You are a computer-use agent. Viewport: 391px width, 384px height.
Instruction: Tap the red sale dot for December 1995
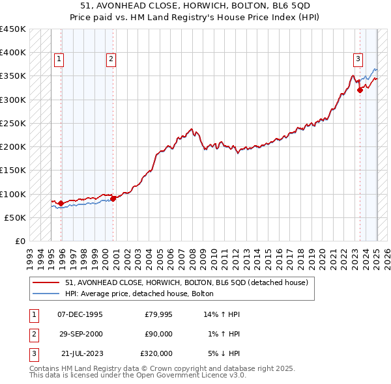pyautogui.click(x=61, y=204)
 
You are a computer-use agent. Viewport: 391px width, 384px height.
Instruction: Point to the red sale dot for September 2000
pyautogui.click(x=113, y=199)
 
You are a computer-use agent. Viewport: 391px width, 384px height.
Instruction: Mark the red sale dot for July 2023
pyautogui.click(x=360, y=90)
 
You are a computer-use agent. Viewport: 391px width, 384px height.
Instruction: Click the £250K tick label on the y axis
pyautogui.click(x=13, y=123)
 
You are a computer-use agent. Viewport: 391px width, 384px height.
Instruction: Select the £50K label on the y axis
pyautogui.click(x=16, y=217)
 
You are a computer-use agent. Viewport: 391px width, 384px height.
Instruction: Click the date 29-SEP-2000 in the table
pyautogui.click(x=80, y=334)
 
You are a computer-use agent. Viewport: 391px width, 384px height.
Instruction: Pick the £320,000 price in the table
pyautogui.click(x=156, y=353)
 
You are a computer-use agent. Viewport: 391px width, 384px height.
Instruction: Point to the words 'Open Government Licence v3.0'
pyautogui.click(x=197, y=376)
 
